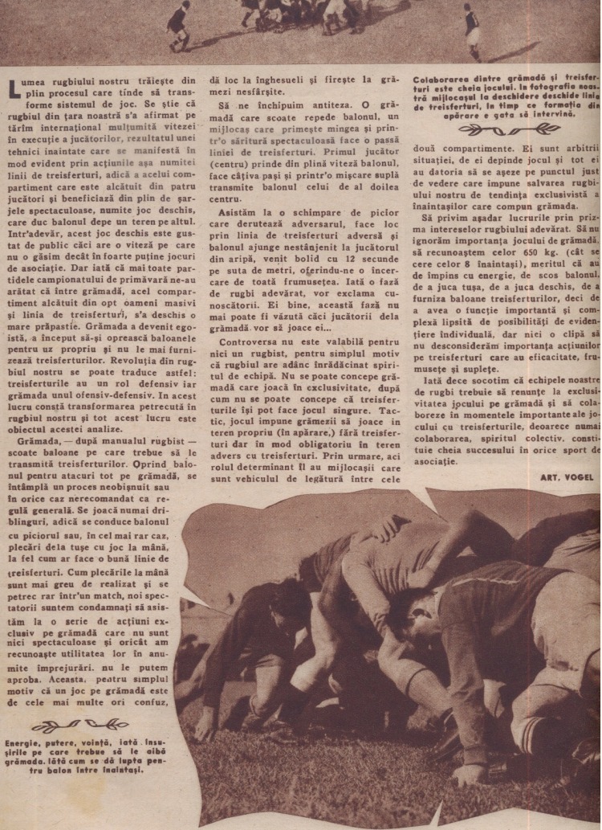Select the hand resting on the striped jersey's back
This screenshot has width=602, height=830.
click(398, 531)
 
